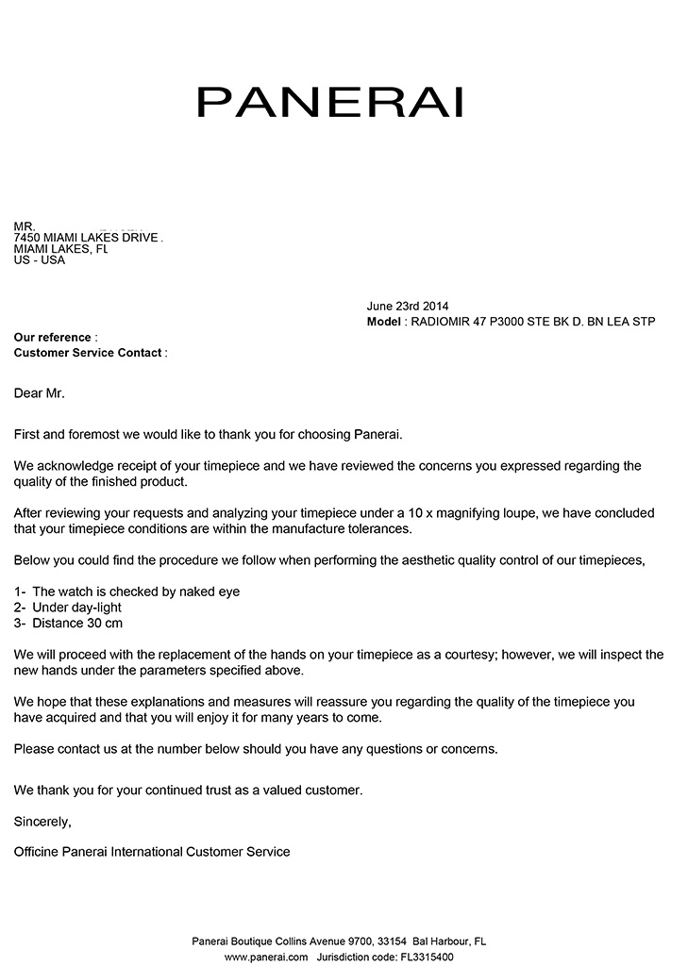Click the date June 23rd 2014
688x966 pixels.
pos(407,307)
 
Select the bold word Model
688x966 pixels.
pos(383,322)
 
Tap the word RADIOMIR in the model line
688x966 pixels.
pos(444,322)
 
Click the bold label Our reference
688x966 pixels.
pos(53,338)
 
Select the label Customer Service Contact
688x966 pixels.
pos(89,353)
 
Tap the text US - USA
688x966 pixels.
pos(39,260)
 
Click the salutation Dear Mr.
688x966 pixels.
pos(39,392)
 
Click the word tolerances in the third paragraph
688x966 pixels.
pos(378,528)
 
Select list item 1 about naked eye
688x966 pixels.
pos(127,591)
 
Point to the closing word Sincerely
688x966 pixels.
pos(42,821)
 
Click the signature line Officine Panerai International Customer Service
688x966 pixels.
pos(152,852)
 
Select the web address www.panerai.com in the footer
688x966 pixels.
pos(266,956)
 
